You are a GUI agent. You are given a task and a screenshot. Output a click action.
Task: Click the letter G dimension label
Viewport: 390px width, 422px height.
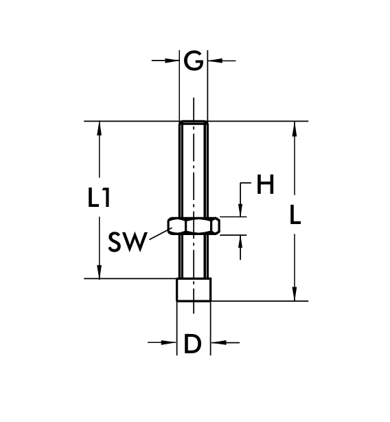tap(194, 61)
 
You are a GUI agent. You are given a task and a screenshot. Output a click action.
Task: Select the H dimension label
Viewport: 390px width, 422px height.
tap(264, 185)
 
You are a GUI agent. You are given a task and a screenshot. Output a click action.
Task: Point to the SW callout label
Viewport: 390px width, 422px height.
tap(127, 241)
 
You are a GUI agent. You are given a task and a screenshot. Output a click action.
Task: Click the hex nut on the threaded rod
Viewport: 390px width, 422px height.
tap(194, 225)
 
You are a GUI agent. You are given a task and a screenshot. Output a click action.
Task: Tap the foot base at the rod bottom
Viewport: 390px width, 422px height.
tap(194, 289)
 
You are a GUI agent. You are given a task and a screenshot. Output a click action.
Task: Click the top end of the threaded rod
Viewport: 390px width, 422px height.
tap(194, 124)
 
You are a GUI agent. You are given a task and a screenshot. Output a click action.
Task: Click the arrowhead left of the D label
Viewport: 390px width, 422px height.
tap(171, 342)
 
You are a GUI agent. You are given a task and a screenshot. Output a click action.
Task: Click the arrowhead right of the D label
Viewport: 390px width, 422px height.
tap(216, 342)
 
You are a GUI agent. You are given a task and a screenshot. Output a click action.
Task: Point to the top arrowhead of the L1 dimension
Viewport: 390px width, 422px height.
tap(100, 128)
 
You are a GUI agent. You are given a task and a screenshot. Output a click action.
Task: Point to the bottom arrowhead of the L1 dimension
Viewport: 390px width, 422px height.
tap(100, 273)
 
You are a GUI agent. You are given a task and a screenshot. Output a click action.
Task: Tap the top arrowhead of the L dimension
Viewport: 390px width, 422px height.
tap(295, 128)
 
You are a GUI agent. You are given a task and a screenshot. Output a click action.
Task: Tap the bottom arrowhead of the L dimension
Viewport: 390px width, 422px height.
tap(295, 295)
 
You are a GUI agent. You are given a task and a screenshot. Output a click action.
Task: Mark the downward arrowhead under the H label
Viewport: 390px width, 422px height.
tap(241, 211)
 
